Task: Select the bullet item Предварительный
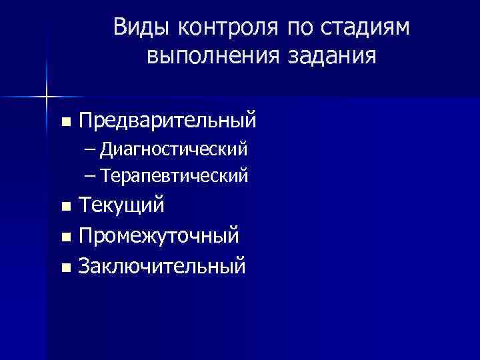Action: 167,121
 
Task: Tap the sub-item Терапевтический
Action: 175,175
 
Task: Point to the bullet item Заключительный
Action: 161,267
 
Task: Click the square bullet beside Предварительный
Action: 64,122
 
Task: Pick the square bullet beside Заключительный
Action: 64,267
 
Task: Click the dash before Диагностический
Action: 90,148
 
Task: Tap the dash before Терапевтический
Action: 90,176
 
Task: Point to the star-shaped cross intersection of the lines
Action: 46,97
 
